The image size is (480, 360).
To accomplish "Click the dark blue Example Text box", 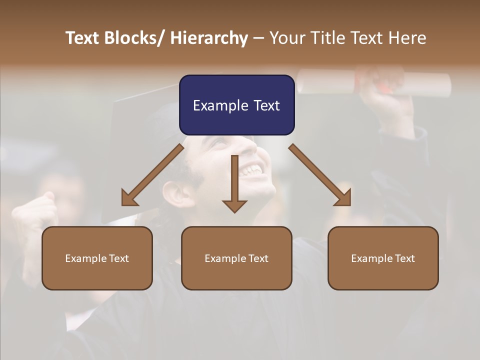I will point(236,105).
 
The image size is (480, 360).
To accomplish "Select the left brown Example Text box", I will point(97,258).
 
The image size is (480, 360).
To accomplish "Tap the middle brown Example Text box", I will point(236,258).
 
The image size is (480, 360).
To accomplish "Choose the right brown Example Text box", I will point(383,258).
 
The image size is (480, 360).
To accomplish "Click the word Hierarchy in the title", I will point(209,38).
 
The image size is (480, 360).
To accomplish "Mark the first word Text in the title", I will point(83,38).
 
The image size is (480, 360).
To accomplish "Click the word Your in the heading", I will point(288,38).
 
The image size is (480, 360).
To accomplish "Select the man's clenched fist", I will point(35,210).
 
